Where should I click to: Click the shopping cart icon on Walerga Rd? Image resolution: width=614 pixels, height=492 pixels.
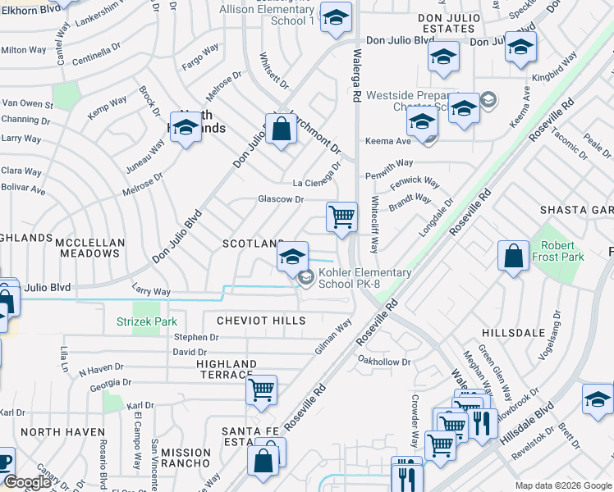coord(341,218)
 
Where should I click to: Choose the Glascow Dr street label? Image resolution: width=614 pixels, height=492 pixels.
coord(281,199)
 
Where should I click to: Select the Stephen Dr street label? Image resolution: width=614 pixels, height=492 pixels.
coord(196,337)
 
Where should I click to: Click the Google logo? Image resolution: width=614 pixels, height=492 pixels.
coord(27,483)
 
